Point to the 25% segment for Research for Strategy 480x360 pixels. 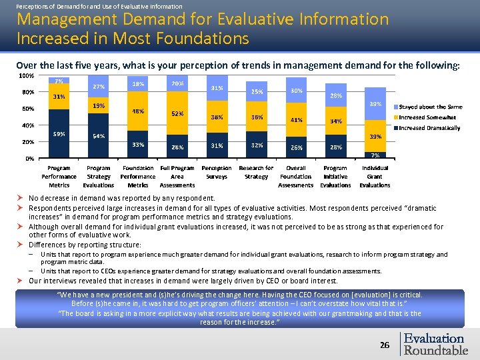coord(256,92)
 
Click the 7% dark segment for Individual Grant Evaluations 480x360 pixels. coord(375,155)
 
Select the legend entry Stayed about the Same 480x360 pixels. coord(430,107)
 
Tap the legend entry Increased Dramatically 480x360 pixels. coord(430,128)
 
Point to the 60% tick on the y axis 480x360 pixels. coord(28,109)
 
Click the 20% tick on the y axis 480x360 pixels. coord(28,142)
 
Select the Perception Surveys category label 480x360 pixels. coord(217,173)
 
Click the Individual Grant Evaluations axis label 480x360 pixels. coord(375,177)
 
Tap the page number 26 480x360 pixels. coord(385,345)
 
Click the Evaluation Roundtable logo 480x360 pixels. coord(435,344)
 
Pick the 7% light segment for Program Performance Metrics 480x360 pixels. coord(59,81)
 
